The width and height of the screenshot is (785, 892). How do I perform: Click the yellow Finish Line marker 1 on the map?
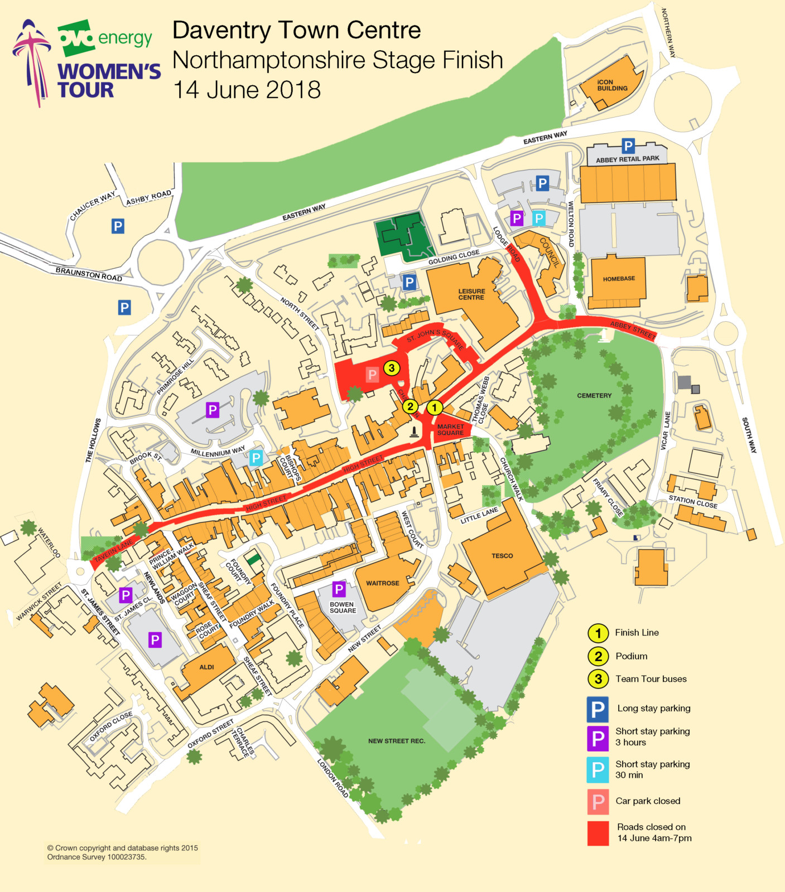pyautogui.click(x=435, y=408)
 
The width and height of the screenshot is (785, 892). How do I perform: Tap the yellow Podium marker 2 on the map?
pyautogui.click(x=410, y=406)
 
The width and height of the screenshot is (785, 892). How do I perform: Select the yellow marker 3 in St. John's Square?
pyautogui.click(x=392, y=368)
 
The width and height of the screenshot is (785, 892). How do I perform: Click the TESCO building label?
pyautogui.click(x=502, y=556)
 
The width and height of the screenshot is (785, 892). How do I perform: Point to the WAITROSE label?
pyautogui.click(x=382, y=583)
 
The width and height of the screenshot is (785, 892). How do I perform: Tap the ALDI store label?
pyautogui.click(x=206, y=667)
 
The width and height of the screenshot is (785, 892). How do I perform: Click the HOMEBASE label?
pyautogui.click(x=619, y=279)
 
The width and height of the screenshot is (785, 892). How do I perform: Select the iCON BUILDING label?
pyautogui.click(x=612, y=85)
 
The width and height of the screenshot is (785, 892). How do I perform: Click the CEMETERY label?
pyautogui.click(x=594, y=395)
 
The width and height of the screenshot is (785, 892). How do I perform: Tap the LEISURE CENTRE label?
pyautogui.click(x=471, y=294)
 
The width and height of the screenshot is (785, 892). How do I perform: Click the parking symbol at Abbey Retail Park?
pyautogui.click(x=628, y=146)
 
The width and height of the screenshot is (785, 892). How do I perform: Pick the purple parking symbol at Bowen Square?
pyautogui.click(x=339, y=589)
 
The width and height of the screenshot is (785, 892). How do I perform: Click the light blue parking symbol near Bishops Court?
pyautogui.click(x=256, y=458)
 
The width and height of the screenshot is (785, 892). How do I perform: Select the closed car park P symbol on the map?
pyautogui.click(x=372, y=375)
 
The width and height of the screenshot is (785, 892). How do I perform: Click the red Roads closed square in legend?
pyautogui.click(x=598, y=833)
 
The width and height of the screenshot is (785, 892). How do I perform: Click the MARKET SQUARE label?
pyautogui.click(x=450, y=430)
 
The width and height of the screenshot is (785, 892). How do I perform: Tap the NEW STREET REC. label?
pyautogui.click(x=397, y=741)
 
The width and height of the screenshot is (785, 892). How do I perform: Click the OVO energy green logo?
pyautogui.click(x=76, y=38)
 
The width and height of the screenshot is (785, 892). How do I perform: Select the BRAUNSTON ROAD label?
pyautogui.click(x=89, y=274)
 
